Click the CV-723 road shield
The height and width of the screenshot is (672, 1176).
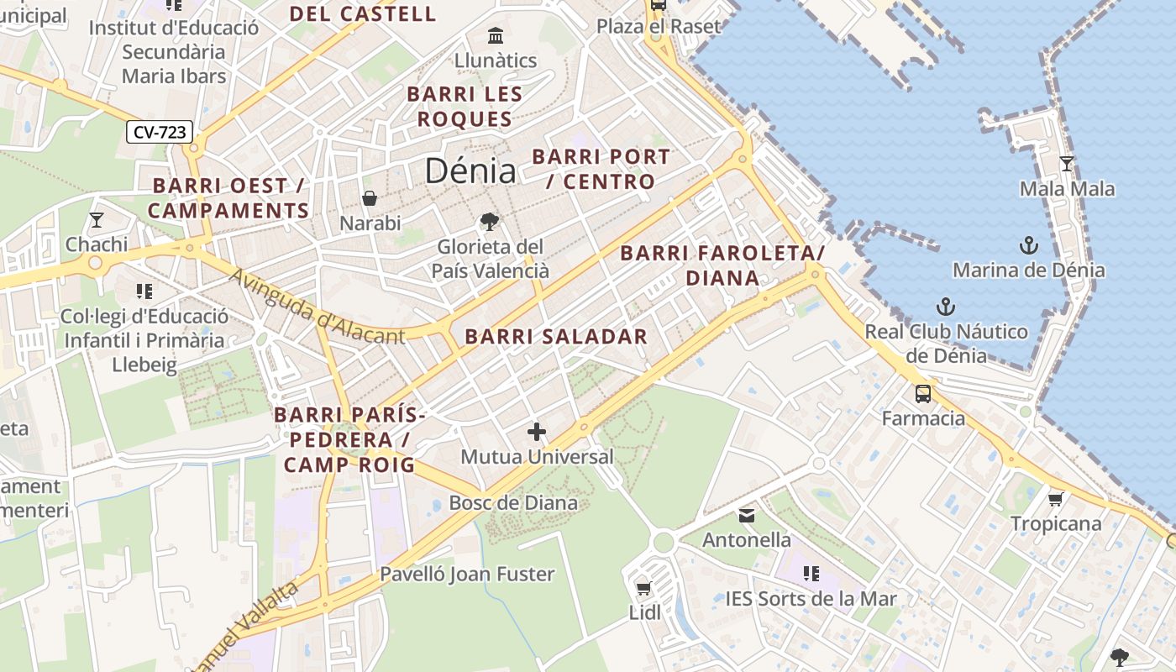coord(160,132)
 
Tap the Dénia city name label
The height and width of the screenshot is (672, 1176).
coord(470,171)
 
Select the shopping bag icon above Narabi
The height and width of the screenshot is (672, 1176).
coord(369,198)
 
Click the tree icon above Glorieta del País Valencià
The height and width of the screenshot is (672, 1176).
coord(489,222)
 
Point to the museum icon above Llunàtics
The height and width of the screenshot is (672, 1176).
coord(496,36)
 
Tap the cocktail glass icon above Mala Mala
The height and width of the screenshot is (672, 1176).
coord(1067,163)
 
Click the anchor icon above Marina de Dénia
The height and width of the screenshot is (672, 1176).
coord(1028,245)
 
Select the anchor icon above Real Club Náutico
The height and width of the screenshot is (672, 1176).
coord(946,306)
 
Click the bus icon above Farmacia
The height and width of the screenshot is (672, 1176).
coord(922,393)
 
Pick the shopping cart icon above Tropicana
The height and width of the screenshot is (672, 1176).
coord(1056,499)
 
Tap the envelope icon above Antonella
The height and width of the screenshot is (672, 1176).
coord(747,514)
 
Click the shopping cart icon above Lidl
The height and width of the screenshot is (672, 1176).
coord(644,588)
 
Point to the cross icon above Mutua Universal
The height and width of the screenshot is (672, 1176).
coord(537,432)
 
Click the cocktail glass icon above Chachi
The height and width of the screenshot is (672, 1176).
coord(97,220)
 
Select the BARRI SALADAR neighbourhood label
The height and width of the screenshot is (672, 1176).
coord(556,337)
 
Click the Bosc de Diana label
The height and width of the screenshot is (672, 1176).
coord(513,503)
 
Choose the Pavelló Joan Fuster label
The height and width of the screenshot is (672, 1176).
coord(467,575)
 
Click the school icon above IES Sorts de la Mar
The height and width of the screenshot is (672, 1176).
coord(811,573)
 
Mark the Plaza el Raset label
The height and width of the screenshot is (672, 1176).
coord(659,26)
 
